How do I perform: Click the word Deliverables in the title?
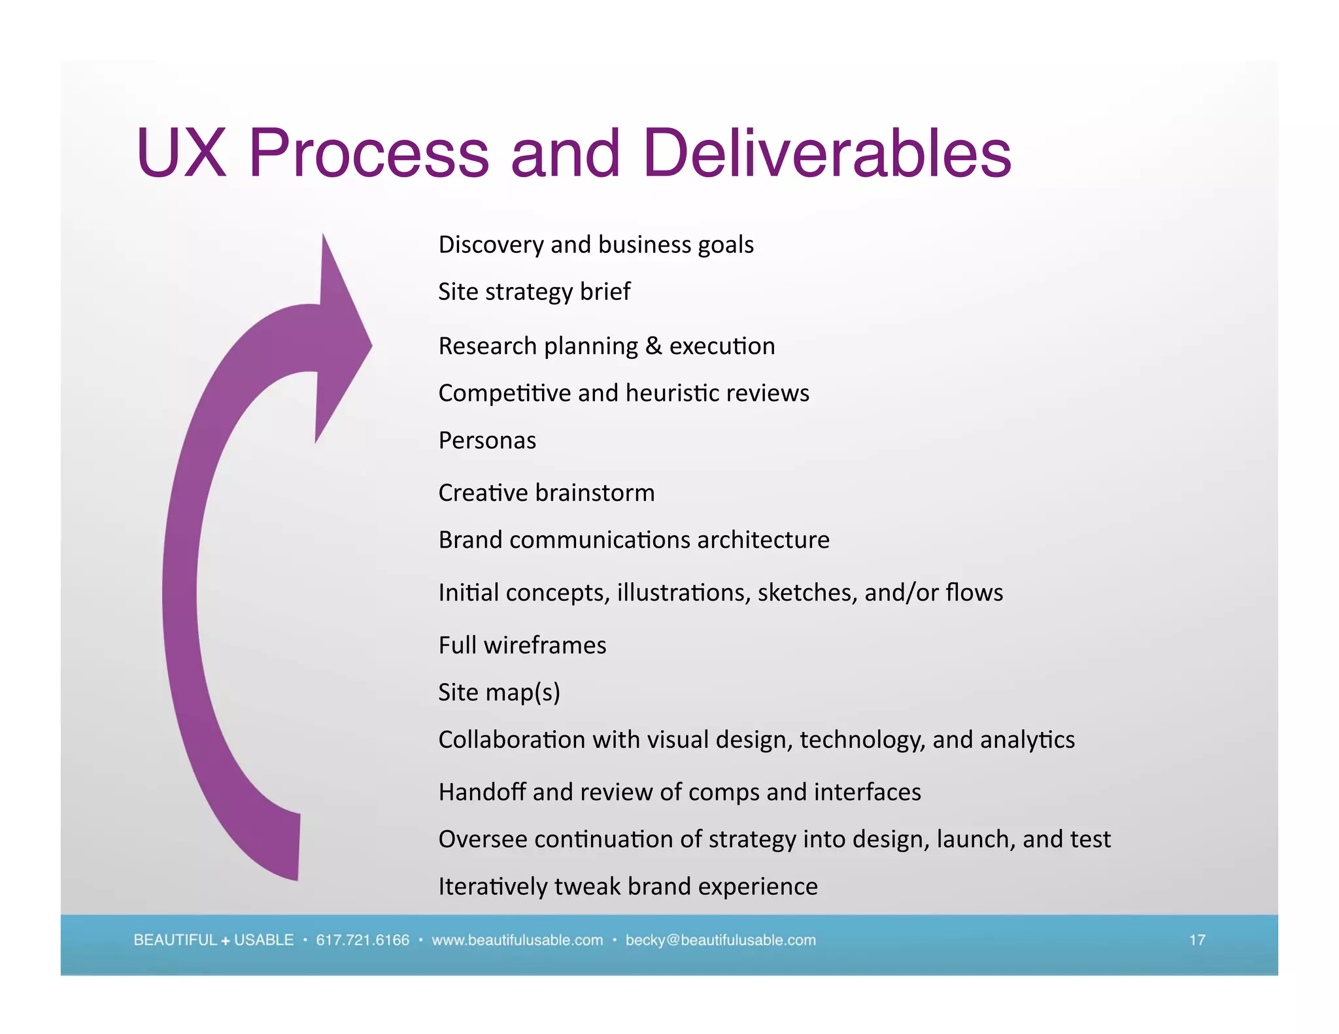click(x=827, y=153)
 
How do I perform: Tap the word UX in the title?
click(x=181, y=153)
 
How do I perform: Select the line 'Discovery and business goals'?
click(x=596, y=244)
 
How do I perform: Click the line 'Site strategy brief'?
click(x=534, y=292)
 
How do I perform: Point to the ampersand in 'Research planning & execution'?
click(x=653, y=346)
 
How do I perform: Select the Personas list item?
click(x=487, y=441)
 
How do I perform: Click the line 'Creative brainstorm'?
click(x=546, y=493)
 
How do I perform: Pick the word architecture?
click(x=763, y=540)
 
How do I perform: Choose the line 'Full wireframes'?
click(x=522, y=645)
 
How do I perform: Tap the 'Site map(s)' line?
click(x=499, y=692)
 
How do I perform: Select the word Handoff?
click(x=483, y=792)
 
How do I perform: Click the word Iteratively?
click(x=493, y=886)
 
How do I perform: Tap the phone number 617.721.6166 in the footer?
click(x=362, y=940)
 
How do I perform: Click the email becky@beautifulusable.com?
click(x=720, y=940)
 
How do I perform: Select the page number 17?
click(x=1196, y=940)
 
